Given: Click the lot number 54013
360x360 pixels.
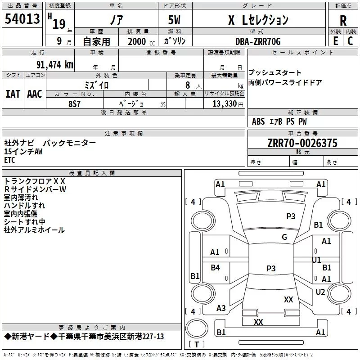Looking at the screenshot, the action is [22, 19].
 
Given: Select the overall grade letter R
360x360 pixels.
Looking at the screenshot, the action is [343, 21].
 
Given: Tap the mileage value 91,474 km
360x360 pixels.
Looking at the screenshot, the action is [54, 65].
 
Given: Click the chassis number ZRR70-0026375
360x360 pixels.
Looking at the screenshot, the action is [302, 143].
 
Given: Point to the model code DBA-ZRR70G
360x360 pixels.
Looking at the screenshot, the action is [258, 41].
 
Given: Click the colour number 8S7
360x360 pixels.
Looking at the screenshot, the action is [74, 104].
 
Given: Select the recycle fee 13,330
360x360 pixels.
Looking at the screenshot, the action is [224, 103].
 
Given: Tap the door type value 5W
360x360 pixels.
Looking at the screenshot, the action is [174, 20].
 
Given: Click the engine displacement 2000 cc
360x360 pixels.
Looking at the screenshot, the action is [141, 41].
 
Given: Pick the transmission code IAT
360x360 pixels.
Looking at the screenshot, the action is [13, 94].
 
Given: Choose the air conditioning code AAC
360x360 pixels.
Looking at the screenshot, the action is [35, 94].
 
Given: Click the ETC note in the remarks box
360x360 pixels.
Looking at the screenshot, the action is [9, 160].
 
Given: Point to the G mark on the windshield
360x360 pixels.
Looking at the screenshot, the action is [284, 237].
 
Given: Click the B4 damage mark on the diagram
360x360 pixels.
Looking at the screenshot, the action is [215, 267].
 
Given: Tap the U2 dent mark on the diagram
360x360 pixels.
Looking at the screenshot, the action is [320, 292].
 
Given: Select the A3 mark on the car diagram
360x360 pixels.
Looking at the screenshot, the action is [221, 308].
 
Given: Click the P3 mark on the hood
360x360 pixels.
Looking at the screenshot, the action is [291, 216].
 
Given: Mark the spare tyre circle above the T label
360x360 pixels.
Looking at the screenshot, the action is [197, 328].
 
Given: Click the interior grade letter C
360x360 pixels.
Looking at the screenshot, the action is [351, 41].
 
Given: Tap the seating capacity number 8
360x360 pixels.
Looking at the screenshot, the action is [188, 85].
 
